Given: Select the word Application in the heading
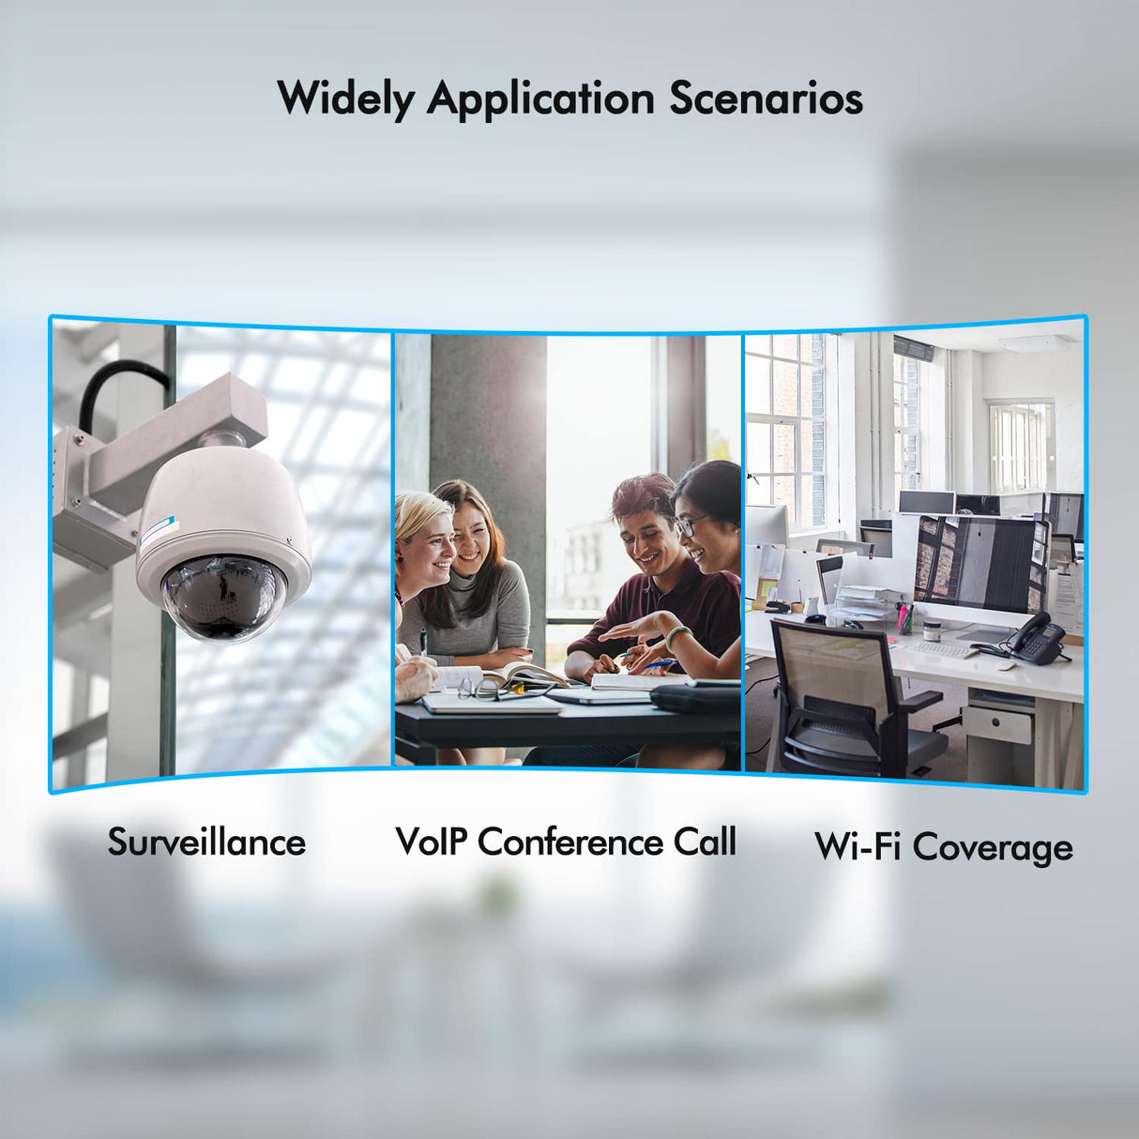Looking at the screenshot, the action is coord(540,99).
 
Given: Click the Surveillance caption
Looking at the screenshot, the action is coord(206,842).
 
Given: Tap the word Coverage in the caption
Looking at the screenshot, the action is coord(995,848).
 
